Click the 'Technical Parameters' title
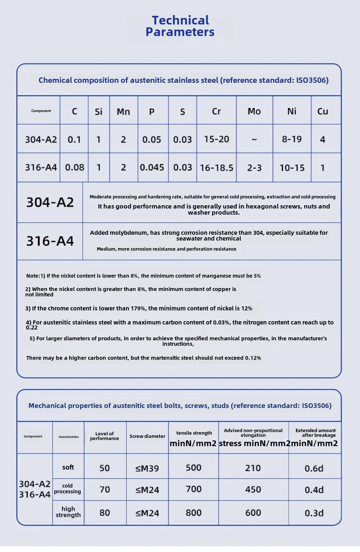(x=180, y=26)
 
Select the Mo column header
(x=254, y=111)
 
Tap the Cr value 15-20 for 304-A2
(x=216, y=139)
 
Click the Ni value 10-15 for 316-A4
(x=292, y=168)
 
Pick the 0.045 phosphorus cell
(x=152, y=167)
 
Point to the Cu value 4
(x=323, y=139)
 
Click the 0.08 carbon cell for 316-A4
(x=75, y=167)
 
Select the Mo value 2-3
(x=254, y=168)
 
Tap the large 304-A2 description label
(x=50, y=202)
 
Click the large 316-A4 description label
(x=50, y=241)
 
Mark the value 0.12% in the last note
(x=253, y=358)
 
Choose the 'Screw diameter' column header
(x=147, y=436)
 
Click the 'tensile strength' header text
(x=194, y=433)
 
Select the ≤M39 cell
(x=147, y=468)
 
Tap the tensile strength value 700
(x=194, y=489)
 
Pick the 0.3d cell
(x=314, y=513)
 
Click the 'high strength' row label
(x=68, y=512)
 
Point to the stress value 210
(x=253, y=468)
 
